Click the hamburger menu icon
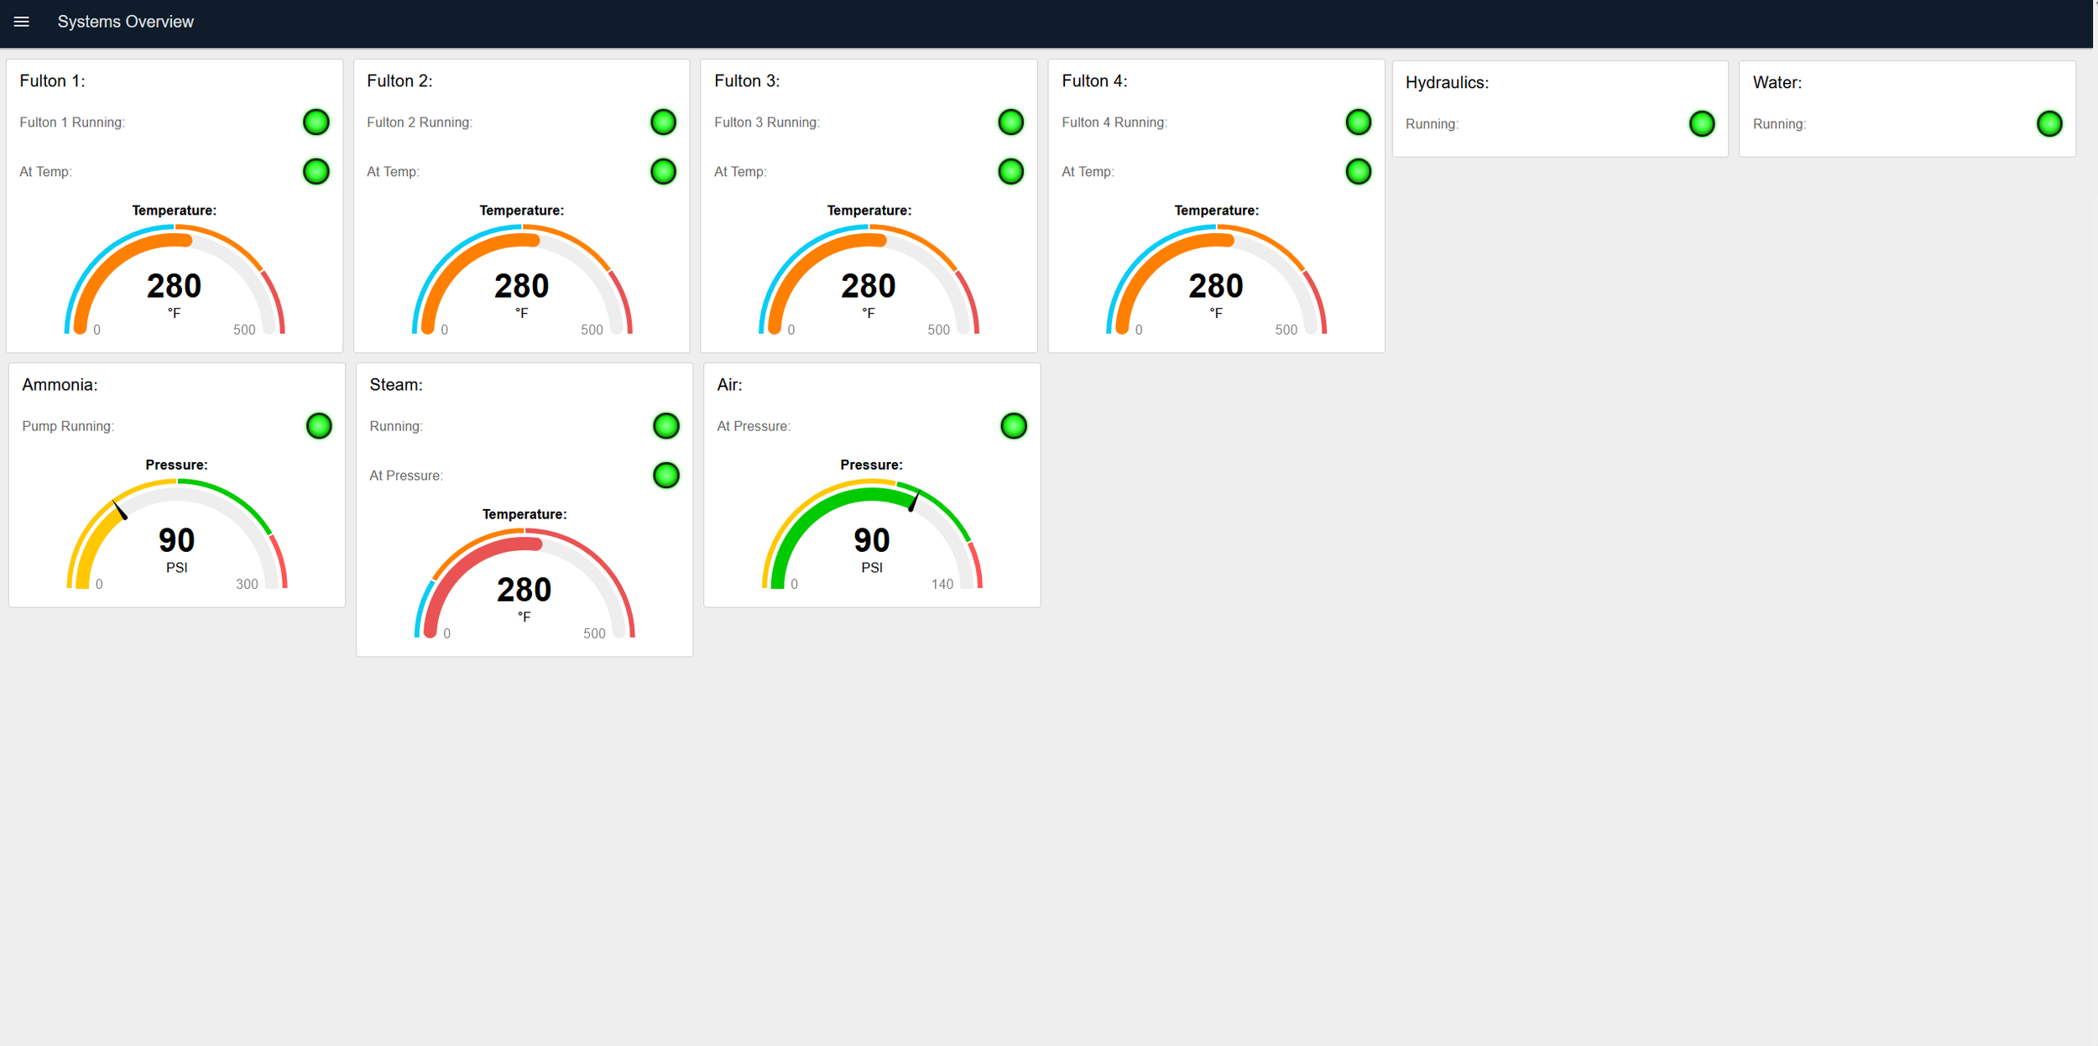pyautogui.click(x=22, y=22)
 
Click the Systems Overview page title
pyautogui.click(x=125, y=22)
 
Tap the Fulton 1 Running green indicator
pyautogui.click(x=316, y=122)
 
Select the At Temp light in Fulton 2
pyautogui.click(x=663, y=172)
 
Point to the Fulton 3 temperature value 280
pyautogui.click(x=869, y=286)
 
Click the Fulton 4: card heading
pyautogui.click(x=1094, y=81)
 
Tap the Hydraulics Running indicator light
pyautogui.click(x=1702, y=124)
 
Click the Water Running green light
pyautogui.click(x=2049, y=124)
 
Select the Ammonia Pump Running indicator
pyautogui.click(x=319, y=426)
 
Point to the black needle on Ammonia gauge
pyautogui.click(x=120, y=510)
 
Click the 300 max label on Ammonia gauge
pyautogui.click(x=247, y=584)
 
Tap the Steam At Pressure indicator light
pyautogui.click(x=666, y=476)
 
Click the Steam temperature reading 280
pyautogui.click(x=524, y=590)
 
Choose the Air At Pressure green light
pyautogui.click(x=1014, y=426)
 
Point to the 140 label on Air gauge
pyautogui.click(x=942, y=584)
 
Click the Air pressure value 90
pyautogui.click(x=872, y=540)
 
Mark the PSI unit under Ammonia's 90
pyautogui.click(x=177, y=568)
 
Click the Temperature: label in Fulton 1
pyautogui.click(x=175, y=211)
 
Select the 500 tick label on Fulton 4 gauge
pyautogui.click(x=1286, y=330)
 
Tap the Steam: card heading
pyautogui.click(x=396, y=385)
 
